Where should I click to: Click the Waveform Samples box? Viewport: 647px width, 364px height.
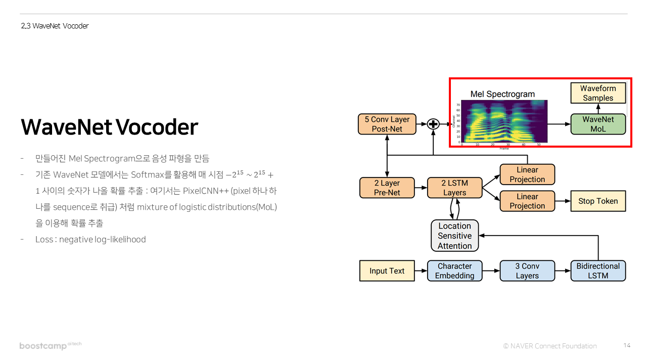pyautogui.click(x=598, y=94)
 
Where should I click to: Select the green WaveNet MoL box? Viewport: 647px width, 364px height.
pyautogui.click(x=598, y=124)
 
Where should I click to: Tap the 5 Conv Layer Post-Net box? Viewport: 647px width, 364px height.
pyautogui.click(x=387, y=124)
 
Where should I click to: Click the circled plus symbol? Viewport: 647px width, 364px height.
pyautogui.click(x=433, y=124)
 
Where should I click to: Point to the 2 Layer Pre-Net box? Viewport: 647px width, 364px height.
pyautogui.click(x=387, y=188)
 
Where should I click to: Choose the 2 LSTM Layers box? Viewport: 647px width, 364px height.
pyautogui.click(x=454, y=188)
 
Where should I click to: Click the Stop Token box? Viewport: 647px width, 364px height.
pyautogui.click(x=598, y=201)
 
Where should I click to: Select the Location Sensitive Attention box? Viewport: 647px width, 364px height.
pyautogui.click(x=454, y=236)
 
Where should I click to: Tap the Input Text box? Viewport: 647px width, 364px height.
pyautogui.click(x=387, y=271)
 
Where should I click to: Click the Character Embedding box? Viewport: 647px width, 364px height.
pyautogui.click(x=454, y=271)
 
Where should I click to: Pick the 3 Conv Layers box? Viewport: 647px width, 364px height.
pyautogui.click(x=527, y=271)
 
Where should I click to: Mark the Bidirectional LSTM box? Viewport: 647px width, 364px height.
pyautogui.click(x=598, y=271)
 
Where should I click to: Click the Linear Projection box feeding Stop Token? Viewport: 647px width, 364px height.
pyautogui.click(x=527, y=201)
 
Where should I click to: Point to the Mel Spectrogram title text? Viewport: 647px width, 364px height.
pyautogui.click(x=502, y=94)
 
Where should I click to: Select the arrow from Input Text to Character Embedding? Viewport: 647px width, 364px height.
pyautogui.click(x=421, y=271)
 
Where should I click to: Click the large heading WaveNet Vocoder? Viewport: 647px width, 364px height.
pyautogui.click(x=109, y=127)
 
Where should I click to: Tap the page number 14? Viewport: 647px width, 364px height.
pyautogui.click(x=627, y=345)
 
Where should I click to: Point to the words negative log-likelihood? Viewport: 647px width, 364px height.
pyautogui.click(x=102, y=239)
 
